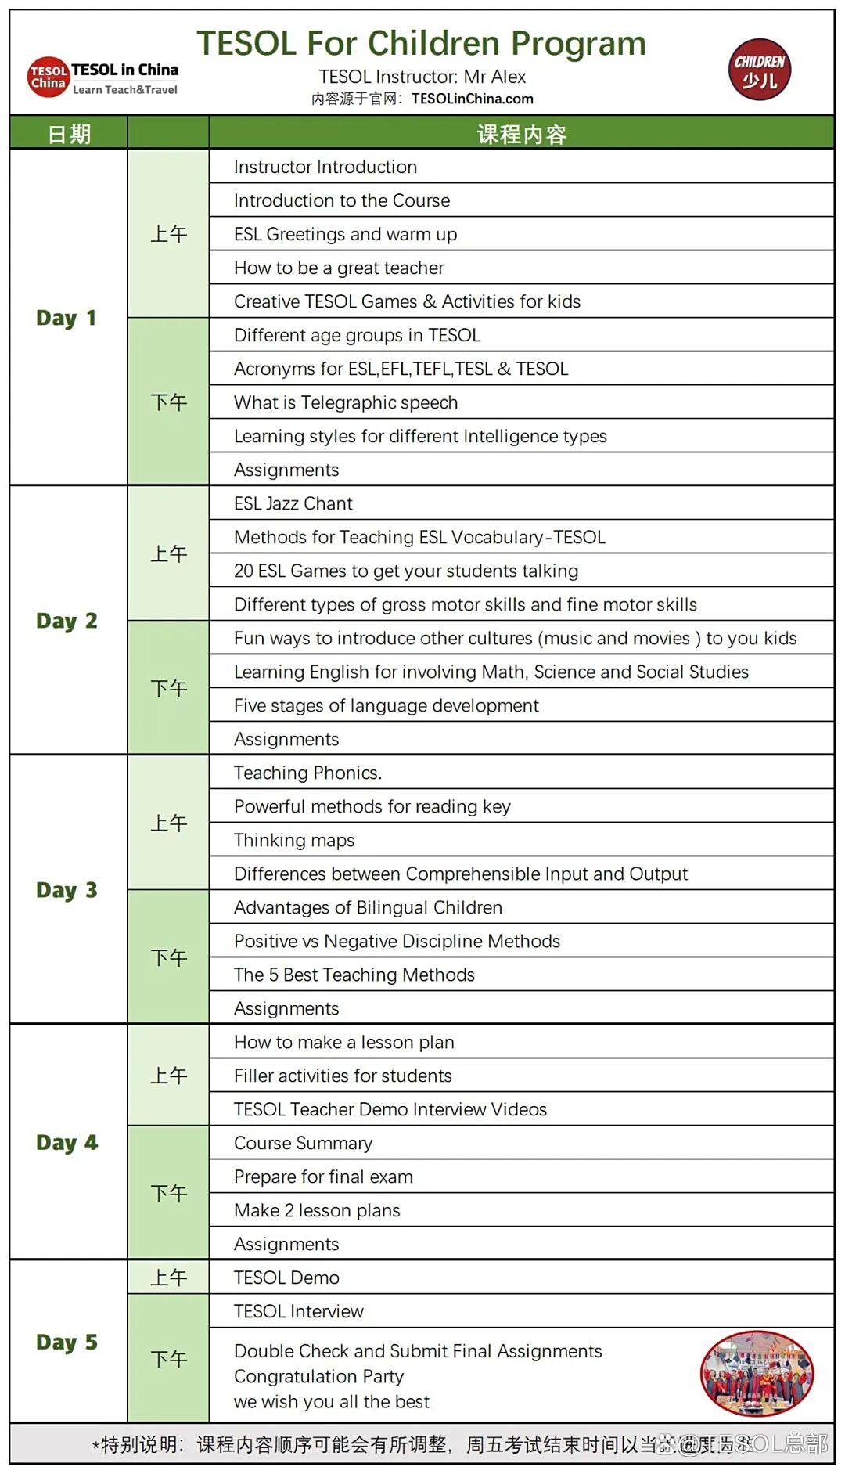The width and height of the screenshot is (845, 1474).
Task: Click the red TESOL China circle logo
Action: tap(49, 77)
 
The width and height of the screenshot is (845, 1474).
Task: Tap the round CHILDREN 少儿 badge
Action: tap(759, 70)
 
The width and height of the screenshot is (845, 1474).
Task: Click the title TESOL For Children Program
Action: tap(421, 44)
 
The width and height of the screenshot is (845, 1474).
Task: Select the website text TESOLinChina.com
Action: tap(473, 99)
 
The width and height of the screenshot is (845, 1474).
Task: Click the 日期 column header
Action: tap(69, 134)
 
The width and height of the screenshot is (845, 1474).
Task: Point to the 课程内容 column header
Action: tap(521, 134)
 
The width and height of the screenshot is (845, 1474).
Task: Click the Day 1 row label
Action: tap(67, 318)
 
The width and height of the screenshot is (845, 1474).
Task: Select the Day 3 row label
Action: tap(67, 890)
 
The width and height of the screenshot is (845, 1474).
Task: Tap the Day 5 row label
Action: tap(67, 1342)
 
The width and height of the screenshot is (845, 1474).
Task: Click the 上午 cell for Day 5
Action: tap(168, 1278)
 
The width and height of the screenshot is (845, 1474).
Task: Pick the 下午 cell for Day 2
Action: tap(168, 688)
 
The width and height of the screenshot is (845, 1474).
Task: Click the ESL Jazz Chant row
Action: tap(293, 503)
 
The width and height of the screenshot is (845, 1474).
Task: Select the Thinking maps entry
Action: tap(294, 840)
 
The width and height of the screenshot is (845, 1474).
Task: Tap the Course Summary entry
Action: tap(304, 1143)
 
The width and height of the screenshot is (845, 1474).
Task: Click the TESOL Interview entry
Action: tap(299, 1311)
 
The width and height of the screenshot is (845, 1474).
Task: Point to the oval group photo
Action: tap(757, 1374)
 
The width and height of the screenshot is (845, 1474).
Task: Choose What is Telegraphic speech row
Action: tap(346, 402)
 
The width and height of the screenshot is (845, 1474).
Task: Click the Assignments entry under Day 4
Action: tap(286, 1244)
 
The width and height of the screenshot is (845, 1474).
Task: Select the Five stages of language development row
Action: tap(387, 705)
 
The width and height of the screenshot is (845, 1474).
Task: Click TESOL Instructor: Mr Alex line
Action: tap(422, 77)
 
